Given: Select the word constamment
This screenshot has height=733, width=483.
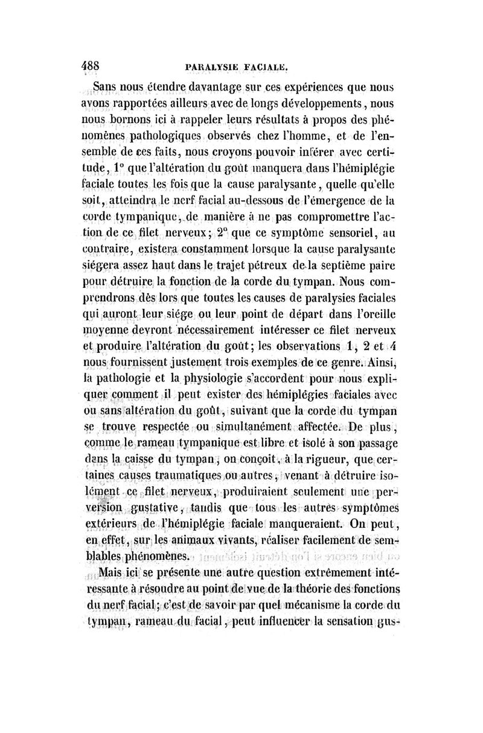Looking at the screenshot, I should point(197,248).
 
